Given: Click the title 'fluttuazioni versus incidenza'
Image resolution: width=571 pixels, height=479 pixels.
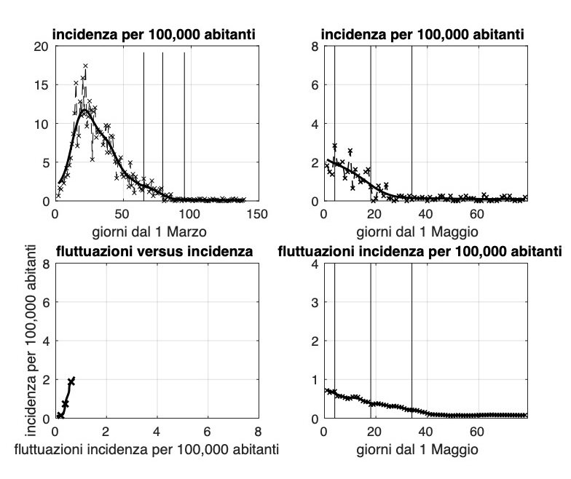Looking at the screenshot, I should [154, 253].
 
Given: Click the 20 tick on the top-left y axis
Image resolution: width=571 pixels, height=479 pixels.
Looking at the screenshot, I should [42, 46].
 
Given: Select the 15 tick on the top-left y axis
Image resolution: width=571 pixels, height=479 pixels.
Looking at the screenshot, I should [42, 84].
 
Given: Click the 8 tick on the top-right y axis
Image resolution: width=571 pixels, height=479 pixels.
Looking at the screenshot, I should [315, 46].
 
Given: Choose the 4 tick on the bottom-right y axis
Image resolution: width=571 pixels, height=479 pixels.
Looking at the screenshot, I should [315, 264].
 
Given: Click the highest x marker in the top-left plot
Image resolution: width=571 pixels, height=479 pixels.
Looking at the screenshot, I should [85, 66].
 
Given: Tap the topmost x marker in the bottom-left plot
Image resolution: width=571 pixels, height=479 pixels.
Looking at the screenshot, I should [71, 381].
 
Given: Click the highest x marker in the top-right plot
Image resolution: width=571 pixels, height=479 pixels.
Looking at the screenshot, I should [335, 146].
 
